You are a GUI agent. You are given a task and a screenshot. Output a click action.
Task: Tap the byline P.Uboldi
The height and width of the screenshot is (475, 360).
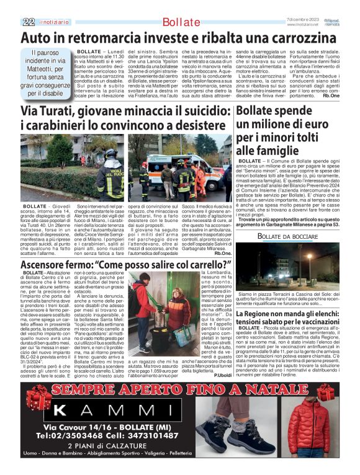222,375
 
